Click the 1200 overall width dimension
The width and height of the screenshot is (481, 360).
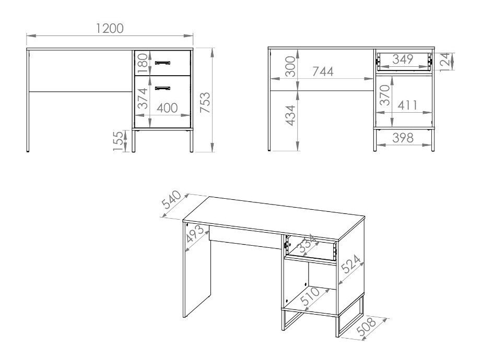tap(110, 29)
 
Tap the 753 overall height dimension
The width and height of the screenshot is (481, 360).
tap(205, 102)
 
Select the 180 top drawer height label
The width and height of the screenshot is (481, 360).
tap(143, 64)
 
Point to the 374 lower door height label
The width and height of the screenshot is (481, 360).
tap(143, 99)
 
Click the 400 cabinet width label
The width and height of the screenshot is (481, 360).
tap(167, 108)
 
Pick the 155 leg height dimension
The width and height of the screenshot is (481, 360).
tap(119, 141)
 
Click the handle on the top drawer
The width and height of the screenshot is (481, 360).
tap(162, 63)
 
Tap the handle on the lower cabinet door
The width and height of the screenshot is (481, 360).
tap(162, 88)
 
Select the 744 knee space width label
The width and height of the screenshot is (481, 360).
tap(323, 71)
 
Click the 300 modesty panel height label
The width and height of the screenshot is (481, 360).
tap(290, 66)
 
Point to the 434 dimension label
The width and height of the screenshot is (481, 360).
tap(290, 115)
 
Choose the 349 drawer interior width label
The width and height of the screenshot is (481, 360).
tap(403, 59)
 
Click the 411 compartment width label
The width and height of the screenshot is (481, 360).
tap(407, 105)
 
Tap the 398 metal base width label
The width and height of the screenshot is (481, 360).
tap(403, 138)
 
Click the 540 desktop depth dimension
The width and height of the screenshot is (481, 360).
tap(171, 199)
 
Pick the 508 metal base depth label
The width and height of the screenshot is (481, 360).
tap(366, 327)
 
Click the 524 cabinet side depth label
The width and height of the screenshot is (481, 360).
tap(351, 264)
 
